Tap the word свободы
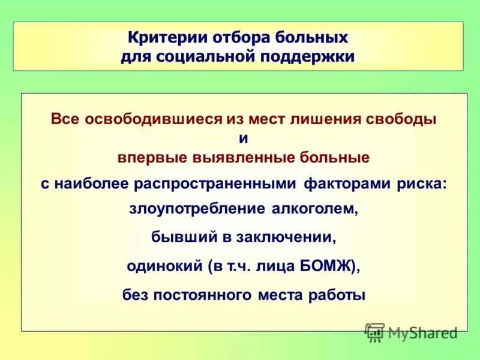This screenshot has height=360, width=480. [401, 119]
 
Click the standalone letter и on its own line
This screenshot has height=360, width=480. [243, 138]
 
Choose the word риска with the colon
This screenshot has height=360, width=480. [421, 184]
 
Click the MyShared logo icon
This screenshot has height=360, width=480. [374, 331]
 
